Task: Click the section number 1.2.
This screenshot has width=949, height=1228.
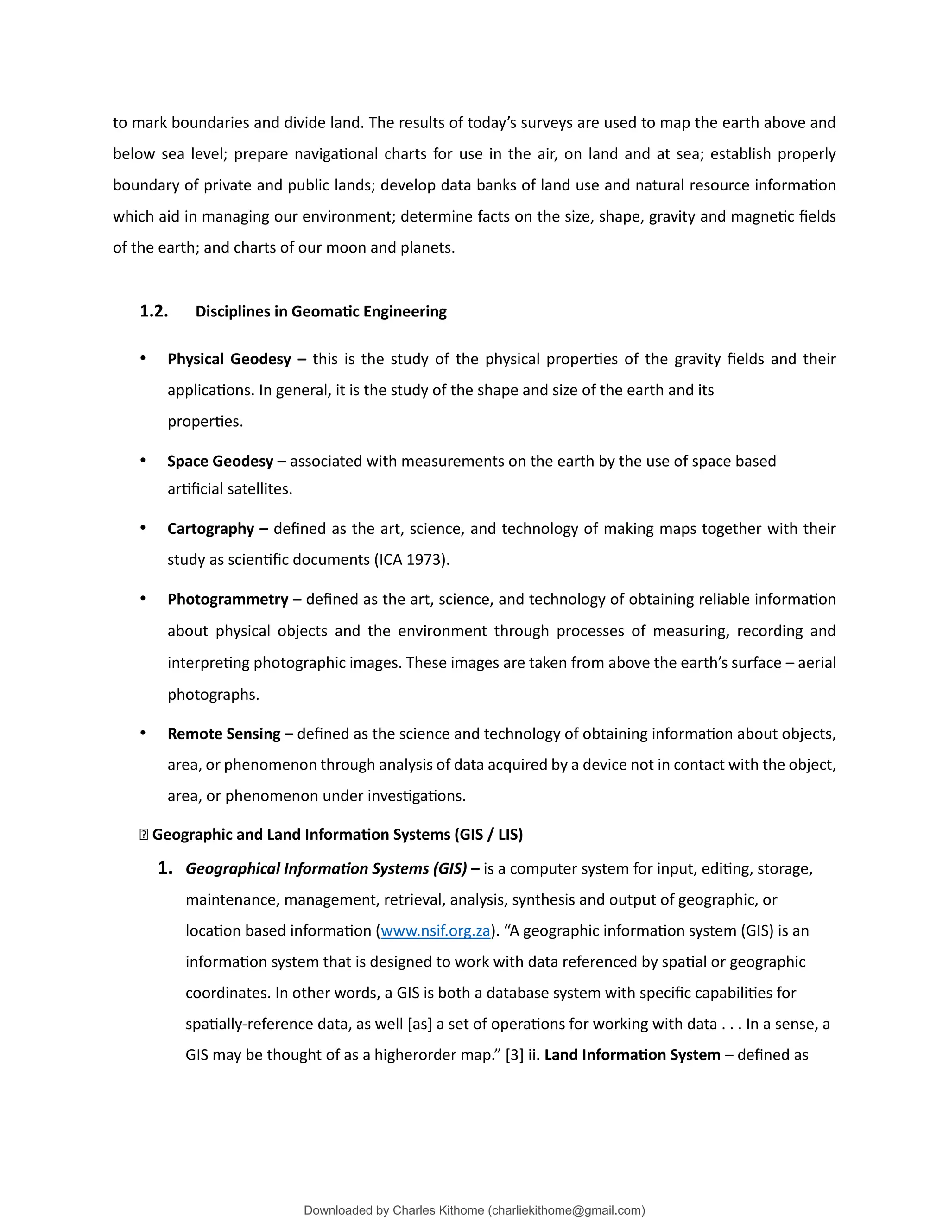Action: point(153,311)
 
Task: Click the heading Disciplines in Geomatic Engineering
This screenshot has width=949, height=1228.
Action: point(321,311)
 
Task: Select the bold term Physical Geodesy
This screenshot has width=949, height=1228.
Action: point(229,359)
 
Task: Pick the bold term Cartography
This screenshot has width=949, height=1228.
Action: point(211,529)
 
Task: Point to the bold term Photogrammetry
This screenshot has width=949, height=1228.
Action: point(228,599)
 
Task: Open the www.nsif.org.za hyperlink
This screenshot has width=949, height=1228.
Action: point(435,930)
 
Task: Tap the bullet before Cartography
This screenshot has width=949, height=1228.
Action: point(143,527)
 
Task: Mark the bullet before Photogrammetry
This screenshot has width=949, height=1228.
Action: point(143,598)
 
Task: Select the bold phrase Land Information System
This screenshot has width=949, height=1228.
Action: point(632,1055)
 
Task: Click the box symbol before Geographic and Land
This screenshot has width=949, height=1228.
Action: point(143,835)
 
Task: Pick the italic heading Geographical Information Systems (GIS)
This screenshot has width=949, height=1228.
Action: point(326,869)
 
